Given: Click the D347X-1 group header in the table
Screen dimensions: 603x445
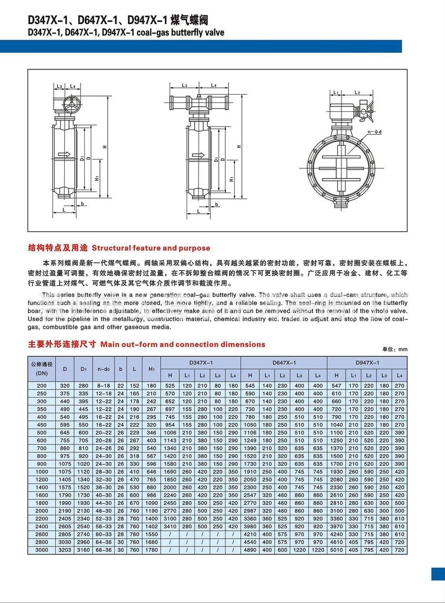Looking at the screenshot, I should point(201,363).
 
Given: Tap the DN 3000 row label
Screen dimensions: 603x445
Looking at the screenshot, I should point(42,550).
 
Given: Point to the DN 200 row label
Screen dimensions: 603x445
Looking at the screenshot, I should point(42,385).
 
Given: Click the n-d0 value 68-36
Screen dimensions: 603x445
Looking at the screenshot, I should point(104,550).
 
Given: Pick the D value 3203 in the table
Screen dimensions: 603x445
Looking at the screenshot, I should point(65,550).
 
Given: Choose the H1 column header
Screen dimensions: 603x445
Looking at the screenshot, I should point(151,369).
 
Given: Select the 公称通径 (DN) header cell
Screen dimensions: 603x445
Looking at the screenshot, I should point(42,369).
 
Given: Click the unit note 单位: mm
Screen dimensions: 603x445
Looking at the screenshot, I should point(394,349).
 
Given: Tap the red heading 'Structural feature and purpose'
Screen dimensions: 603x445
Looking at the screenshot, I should point(151,248).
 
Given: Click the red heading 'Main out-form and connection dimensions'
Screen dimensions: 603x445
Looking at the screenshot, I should point(182,344).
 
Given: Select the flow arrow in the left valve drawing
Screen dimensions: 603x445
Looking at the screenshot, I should point(64,155).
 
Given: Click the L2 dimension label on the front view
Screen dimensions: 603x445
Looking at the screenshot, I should point(357,92).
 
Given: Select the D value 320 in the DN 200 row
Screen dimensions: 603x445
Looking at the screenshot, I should point(65,385).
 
